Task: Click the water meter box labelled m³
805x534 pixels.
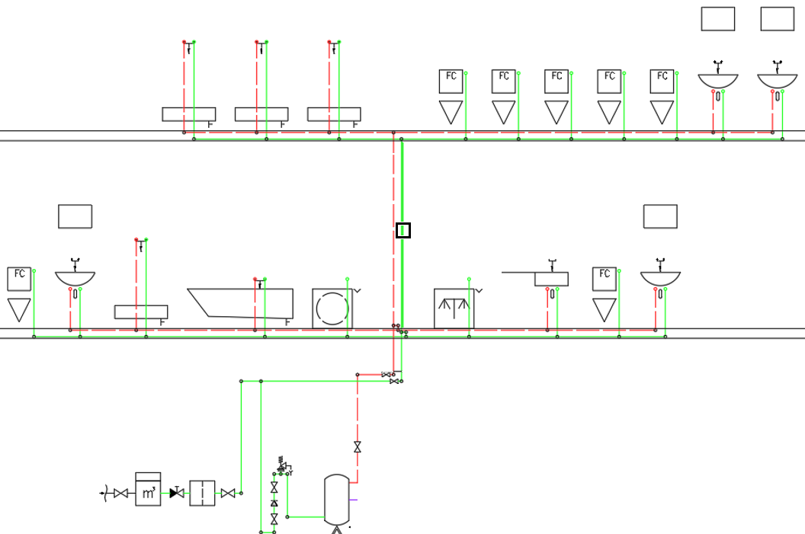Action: click(148, 489)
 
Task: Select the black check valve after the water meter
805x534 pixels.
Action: click(177, 492)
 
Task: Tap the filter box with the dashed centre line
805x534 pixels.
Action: click(202, 493)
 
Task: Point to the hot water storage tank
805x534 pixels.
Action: click(337, 500)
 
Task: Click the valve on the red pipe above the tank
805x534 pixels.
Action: click(358, 447)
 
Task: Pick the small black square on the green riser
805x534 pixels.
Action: click(403, 230)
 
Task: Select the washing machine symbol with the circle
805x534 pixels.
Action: click(332, 309)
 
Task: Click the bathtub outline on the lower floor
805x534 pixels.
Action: click(240, 303)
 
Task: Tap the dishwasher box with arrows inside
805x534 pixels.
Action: click(454, 309)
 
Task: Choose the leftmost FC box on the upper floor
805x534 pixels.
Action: click(451, 82)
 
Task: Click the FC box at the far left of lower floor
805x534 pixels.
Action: click(19, 279)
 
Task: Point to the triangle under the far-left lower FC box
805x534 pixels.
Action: click(19, 310)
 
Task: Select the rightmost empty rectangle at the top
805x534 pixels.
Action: click(778, 19)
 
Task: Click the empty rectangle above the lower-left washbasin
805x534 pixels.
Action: click(75, 216)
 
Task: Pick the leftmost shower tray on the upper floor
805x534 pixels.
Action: click(189, 114)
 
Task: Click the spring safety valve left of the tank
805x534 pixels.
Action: click(283, 464)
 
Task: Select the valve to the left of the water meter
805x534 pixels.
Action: click(120, 493)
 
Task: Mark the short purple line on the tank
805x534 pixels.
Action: click(353, 500)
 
